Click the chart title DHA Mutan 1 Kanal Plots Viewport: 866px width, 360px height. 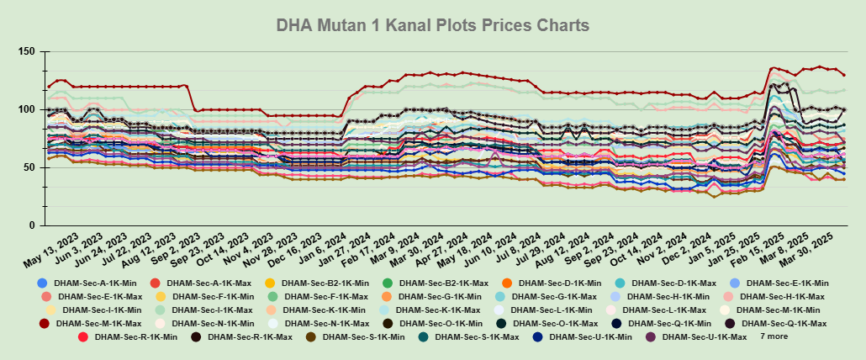coord(432,25)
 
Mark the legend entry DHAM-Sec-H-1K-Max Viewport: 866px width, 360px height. coord(783,297)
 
